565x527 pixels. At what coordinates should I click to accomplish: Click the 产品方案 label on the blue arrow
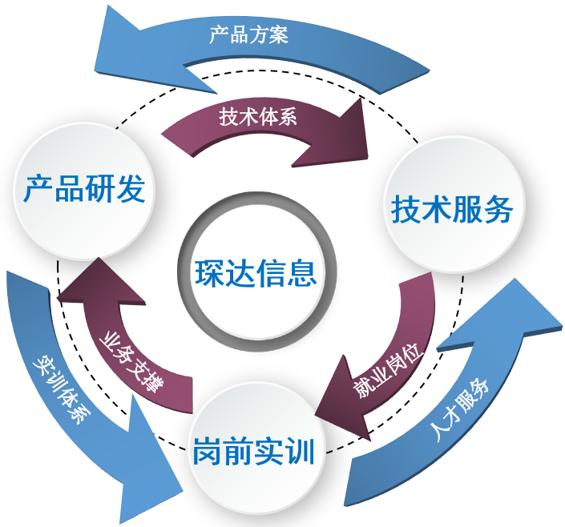(248, 35)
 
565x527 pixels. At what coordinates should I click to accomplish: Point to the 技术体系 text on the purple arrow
(258, 117)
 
